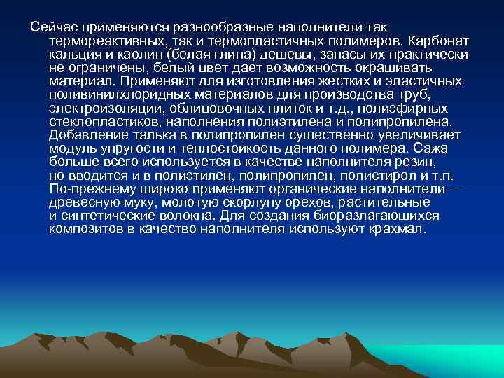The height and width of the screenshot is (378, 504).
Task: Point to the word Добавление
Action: (85, 135)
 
